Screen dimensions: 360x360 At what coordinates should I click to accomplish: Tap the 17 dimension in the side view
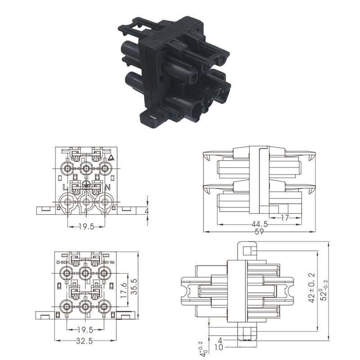[285, 217]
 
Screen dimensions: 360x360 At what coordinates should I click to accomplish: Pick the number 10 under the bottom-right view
[220, 347]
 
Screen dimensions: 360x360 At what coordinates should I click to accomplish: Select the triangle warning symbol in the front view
[112, 158]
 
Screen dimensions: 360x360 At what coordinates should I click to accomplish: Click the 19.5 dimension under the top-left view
[86, 227]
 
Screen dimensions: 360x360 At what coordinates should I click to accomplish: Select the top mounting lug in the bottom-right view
[246, 250]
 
